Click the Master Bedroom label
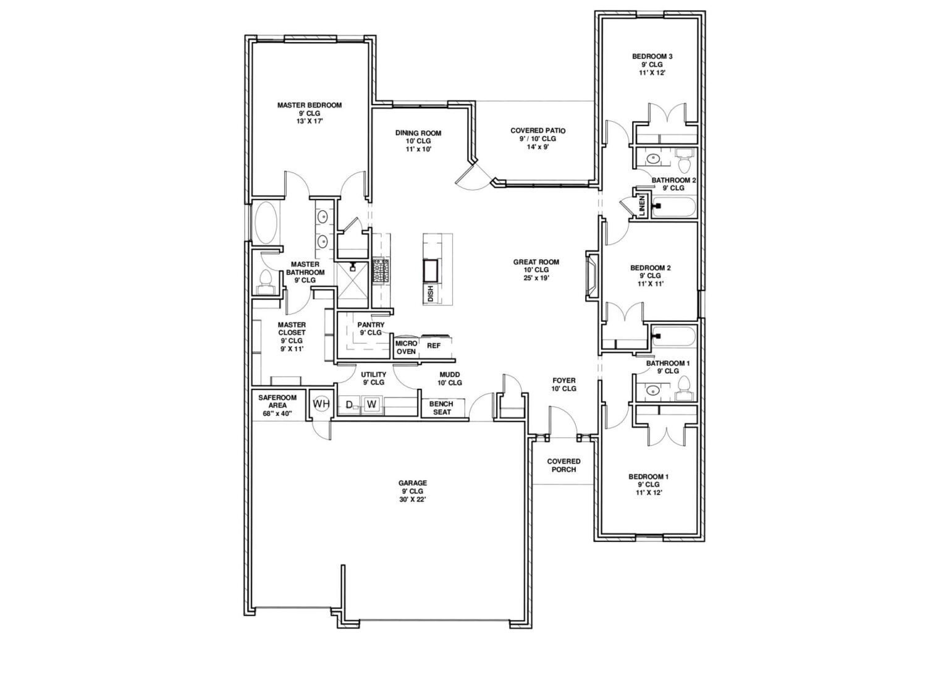coord(310,105)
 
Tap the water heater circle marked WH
coord(321,404)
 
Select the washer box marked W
coord(371,404)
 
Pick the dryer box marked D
coord(349,405)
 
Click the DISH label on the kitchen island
coord(431,294)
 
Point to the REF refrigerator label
coord(433,345)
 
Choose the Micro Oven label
coord(407,347)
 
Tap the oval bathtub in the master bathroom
coord(266,222)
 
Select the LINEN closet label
coord(643,206)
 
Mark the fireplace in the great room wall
coord(592,276)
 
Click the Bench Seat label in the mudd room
coord(442,408)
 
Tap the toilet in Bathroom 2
coord(684,160)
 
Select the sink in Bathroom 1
coord(653,389)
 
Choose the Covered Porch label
coord(563,465)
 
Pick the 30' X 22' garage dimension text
coord(412,499)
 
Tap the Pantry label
coord(371,324)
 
